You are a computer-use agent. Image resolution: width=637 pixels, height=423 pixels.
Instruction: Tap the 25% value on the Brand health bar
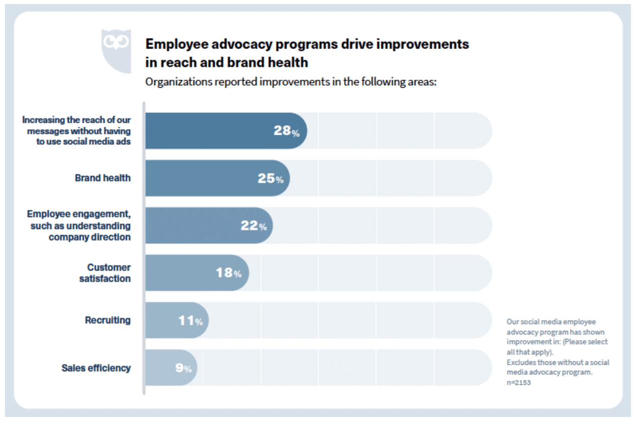[270, 178]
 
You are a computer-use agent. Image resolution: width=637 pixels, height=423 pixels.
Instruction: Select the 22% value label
[253, 226]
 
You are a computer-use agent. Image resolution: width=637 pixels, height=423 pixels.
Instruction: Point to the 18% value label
[229, 273]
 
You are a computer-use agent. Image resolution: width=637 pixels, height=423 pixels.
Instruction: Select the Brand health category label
[103, 178]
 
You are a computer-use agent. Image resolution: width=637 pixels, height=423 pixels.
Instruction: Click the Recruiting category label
[108, 320]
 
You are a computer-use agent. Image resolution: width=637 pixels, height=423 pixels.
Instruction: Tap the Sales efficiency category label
[96, 368]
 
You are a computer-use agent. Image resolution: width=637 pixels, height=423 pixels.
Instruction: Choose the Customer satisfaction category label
[105, 273]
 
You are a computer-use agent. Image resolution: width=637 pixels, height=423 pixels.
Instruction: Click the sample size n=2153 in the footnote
[519, 382]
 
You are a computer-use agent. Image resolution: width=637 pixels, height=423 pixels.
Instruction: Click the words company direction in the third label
[90, 237]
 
